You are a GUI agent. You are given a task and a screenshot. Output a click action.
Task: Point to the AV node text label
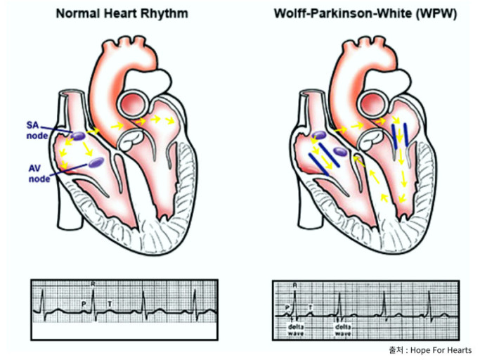tap(37, 173)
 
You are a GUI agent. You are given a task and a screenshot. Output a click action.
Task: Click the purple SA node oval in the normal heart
tap(78, 135)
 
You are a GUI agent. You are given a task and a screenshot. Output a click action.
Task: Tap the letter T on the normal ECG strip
tap(109, 303)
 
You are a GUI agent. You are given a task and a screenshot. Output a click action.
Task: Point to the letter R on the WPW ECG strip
tap(294, 285)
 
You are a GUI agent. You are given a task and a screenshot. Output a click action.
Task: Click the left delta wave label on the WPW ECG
tap(295, 330)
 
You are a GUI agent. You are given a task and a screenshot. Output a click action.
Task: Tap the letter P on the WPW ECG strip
tap(286, 307)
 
